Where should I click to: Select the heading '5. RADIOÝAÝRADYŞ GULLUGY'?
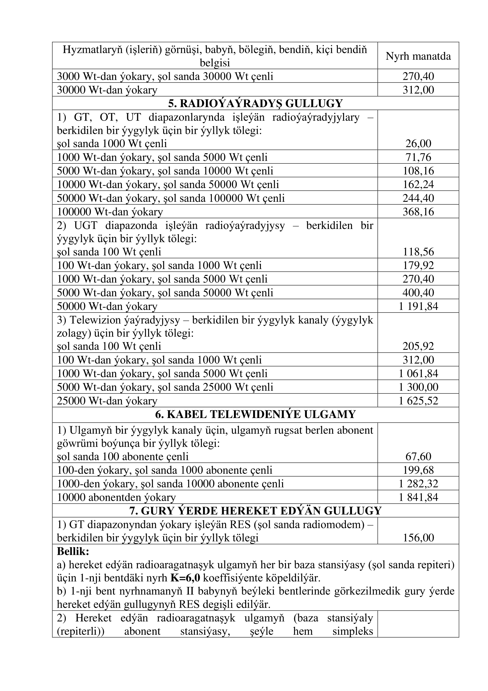255,103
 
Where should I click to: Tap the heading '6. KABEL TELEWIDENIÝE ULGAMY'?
255,414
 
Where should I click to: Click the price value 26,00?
418,144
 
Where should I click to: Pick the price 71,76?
418,157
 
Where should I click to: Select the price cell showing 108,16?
418,171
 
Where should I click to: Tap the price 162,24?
418,184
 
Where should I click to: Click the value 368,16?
418,212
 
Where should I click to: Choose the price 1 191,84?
418,306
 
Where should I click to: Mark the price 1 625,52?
418,401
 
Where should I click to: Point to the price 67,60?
418,456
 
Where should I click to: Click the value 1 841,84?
418,497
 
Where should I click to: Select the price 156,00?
418,537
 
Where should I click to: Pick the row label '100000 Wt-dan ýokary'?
110,212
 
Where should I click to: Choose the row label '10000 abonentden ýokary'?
116,497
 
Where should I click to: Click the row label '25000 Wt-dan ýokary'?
107,401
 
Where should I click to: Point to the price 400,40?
418,292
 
